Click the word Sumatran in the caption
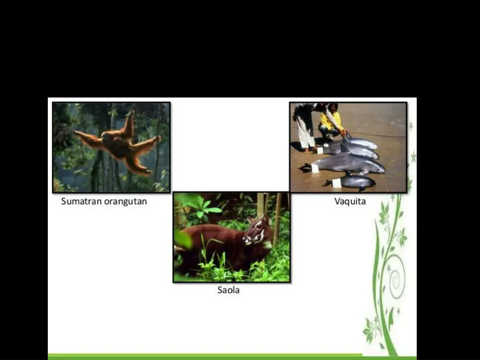[81, 202]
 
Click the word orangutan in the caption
[126, 202]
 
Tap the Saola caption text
[228, 290]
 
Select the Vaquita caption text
[350, 202]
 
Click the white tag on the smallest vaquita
[337, 183]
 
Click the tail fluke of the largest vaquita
[305, 166]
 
